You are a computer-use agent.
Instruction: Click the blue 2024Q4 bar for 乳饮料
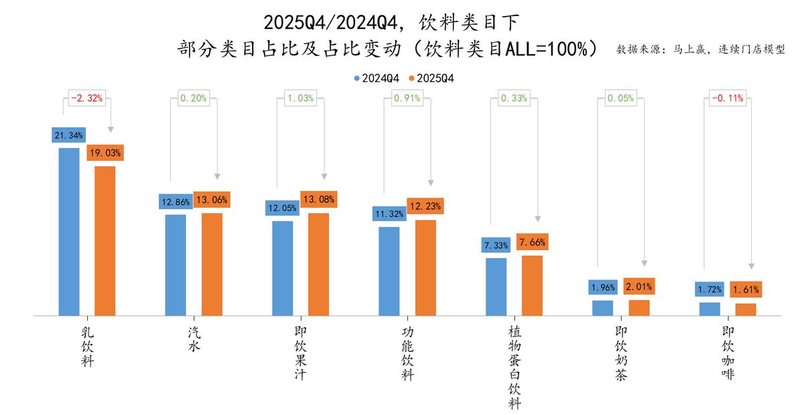[x=69, y=231]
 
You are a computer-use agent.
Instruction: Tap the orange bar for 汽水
[x=212, y=264]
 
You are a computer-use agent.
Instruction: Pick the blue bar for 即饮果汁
[x=282, y=268]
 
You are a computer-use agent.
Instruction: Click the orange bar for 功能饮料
[x=425, y=268]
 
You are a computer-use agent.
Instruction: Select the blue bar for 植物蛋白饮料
[x=496, y=286]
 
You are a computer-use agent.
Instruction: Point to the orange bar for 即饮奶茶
[x=639, y=308]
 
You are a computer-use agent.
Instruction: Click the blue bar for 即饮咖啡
[x=710, y=309]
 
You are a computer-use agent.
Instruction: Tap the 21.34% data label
[x=69, y=135]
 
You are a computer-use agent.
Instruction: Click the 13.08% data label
[x=318, y=199]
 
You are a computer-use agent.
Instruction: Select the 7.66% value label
[x=532, y=242]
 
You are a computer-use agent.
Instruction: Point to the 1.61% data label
[x=745, y=290]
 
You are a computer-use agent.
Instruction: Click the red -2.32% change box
[x=86, y=99]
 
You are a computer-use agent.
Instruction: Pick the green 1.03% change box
[x=300, y=99]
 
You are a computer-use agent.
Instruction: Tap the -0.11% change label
[x=727, y=99]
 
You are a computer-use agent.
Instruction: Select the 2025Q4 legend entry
[x=431, y=78]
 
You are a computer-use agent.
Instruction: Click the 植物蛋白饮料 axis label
[x=514, y=367]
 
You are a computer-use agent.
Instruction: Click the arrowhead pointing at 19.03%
[x=111, y=129]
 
